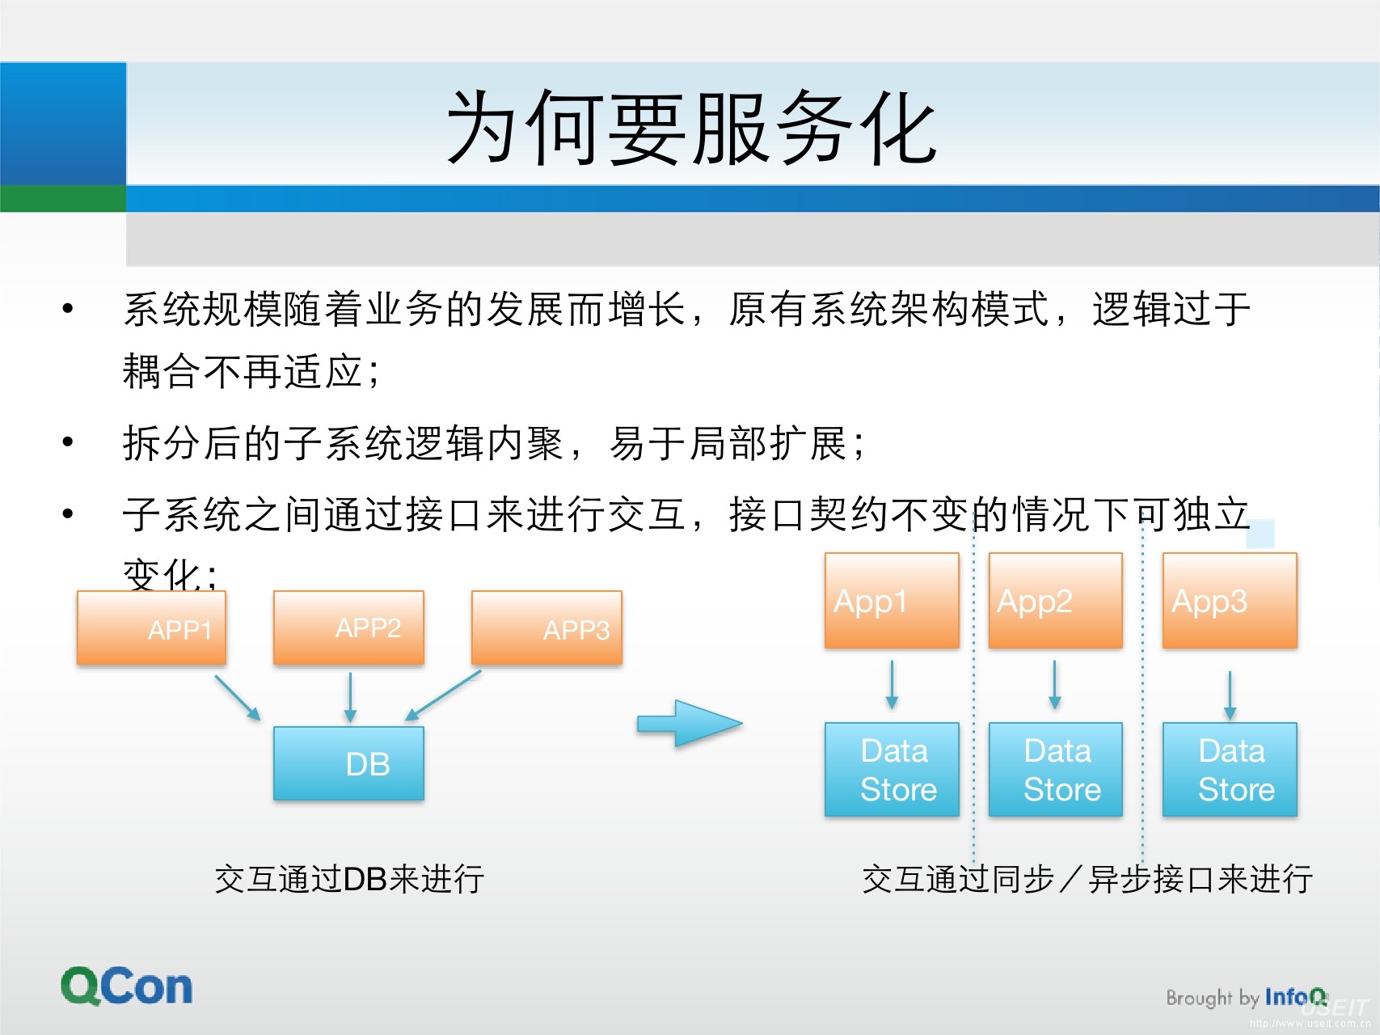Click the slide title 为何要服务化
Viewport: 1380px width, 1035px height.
click(691, 128)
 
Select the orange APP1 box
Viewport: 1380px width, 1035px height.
click(151, 628)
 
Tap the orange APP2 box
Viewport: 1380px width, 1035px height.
click(348, 627)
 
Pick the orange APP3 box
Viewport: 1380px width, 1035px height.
click(547, 628)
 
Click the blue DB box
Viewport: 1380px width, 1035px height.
click(348, 763)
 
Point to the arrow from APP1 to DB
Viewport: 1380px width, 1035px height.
click(238, 698)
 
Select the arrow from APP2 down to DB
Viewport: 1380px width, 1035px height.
click(350, 696)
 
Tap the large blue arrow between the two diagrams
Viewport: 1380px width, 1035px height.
click(690, 723)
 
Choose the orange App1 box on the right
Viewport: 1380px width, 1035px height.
click(892, 601)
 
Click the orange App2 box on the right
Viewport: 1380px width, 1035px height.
click(1055, 601)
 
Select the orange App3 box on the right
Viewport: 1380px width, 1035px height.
click(1229, 601)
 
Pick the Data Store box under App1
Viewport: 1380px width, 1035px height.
click(892, 770)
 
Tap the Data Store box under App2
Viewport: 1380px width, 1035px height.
click(1055, 770)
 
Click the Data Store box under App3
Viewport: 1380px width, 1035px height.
click(1229, 770)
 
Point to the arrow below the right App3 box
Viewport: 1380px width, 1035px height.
click(1230, 695)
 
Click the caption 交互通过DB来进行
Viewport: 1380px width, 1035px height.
click(349, 879)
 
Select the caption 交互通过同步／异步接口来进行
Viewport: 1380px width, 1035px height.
click(1087, 879)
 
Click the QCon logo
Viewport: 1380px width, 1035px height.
click(127, 986)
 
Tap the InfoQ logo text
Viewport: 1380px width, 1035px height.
click(1295, 997)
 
